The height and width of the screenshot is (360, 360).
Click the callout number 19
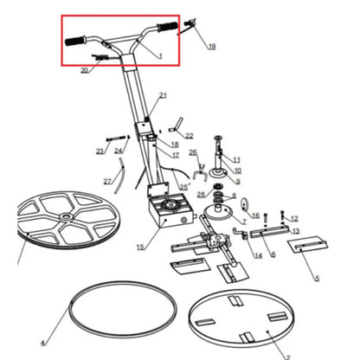tap(212, 46)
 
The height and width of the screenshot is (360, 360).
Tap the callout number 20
tap(84, 71)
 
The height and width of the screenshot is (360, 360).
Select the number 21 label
tap(163, 94)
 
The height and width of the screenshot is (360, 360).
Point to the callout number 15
tap(141, 247)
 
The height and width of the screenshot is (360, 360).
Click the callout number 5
tap(317, 279)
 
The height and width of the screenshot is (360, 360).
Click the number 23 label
tap(100, 151)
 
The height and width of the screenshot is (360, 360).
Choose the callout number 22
tap(190, 136)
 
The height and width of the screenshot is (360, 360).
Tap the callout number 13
tap(296, 232)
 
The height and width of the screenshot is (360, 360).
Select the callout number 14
tap(258, 255)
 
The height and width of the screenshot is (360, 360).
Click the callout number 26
tap(193, 153)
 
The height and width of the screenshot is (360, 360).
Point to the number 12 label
tap(294, 218)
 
